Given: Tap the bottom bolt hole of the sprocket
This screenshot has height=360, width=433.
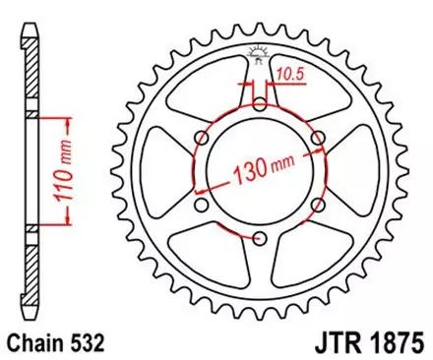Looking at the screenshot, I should point(260,238).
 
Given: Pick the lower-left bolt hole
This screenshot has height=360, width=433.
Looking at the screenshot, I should point(202,205).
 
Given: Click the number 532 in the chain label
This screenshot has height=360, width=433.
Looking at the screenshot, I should point(85,343).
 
